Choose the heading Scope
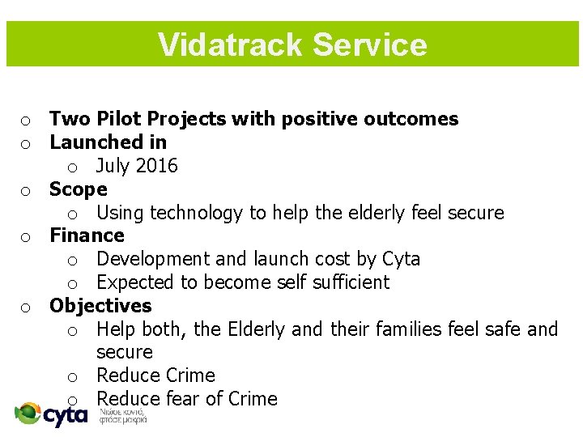pyautogui.click(x=78, y=189)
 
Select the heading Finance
pyautogui.click(x=87, y=235)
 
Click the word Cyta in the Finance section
pyautogui.click(x=401, y=259)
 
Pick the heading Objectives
pyautogui.click(x=100, y=306)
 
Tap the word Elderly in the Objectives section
pyautogui.click(x=257, y=329)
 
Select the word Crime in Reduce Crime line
pyautogui.click(x=187, y=375)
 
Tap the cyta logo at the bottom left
pyautogui.click(x=52, y=414)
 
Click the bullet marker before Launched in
pyautogui.click(x=26, y=144)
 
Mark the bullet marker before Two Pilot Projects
pyautogui.click(x=26, y=121)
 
